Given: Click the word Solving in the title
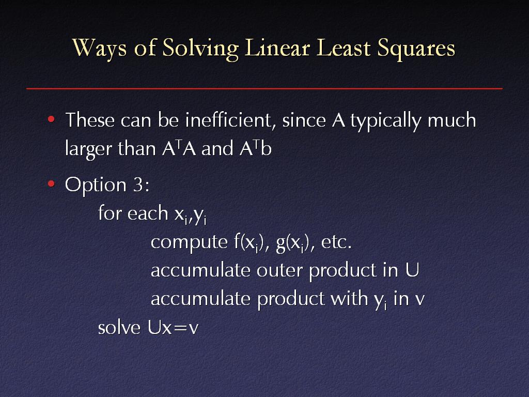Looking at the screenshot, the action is click(x=200, y=48).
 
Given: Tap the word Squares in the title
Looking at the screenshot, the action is click(x=416, y=49).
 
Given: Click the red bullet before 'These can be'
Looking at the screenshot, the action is click(x=51, y=119).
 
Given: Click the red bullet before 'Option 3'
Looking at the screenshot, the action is click(x=51, y=184).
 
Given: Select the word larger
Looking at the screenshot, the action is click(x=88, y=149).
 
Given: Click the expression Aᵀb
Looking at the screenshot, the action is click(x=255, y=148).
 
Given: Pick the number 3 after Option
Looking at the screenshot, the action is click(x=138, y=185).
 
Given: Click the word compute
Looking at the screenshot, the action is click(x=189, y=243).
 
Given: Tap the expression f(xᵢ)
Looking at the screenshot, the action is click(x=249, y=242).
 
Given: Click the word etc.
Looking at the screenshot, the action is click(x=336, y=242).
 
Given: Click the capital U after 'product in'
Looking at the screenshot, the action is click(x=412, y=270).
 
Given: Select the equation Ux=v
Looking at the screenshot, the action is click(x=173, y=327).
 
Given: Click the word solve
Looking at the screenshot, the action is click(x=119, y=327).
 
